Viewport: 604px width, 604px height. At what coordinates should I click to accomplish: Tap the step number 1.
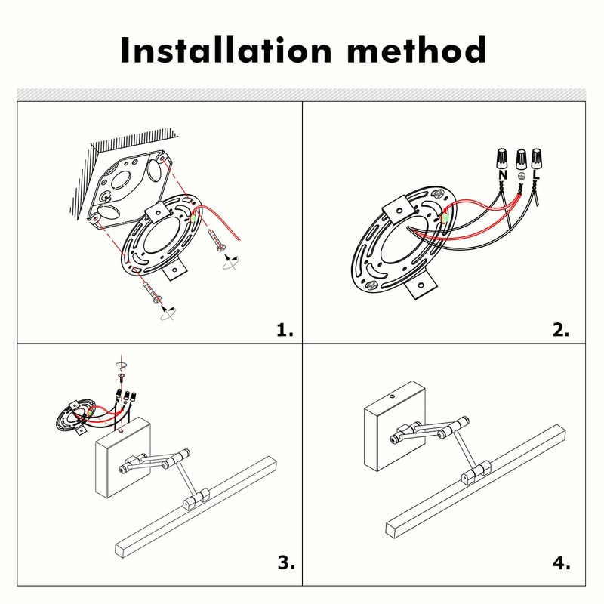[284, 330]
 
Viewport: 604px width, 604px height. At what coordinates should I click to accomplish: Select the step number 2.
[560, 330]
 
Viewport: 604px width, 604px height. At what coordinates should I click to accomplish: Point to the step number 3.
[284, 562]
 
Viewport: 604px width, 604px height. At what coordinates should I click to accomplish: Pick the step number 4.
[560, 562]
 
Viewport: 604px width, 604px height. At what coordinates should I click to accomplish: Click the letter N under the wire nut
[501, 175]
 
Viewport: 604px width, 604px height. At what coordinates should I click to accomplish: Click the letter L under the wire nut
[536, 175]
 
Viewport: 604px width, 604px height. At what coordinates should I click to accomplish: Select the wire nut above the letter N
[501, 159]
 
